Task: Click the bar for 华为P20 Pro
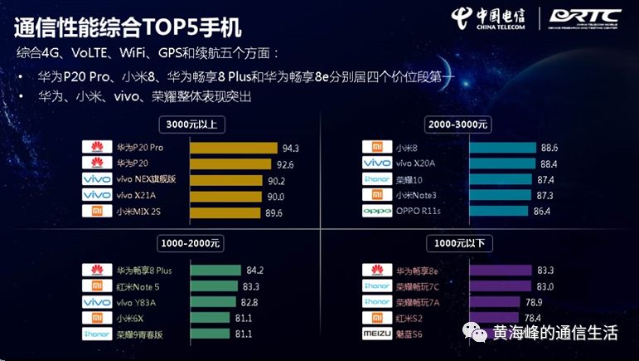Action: coord(235,148)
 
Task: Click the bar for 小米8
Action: coord(501,148)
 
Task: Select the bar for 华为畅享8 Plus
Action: coord(216,271)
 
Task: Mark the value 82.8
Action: coord(253,303)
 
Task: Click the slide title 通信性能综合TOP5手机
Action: coord(128,27)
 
